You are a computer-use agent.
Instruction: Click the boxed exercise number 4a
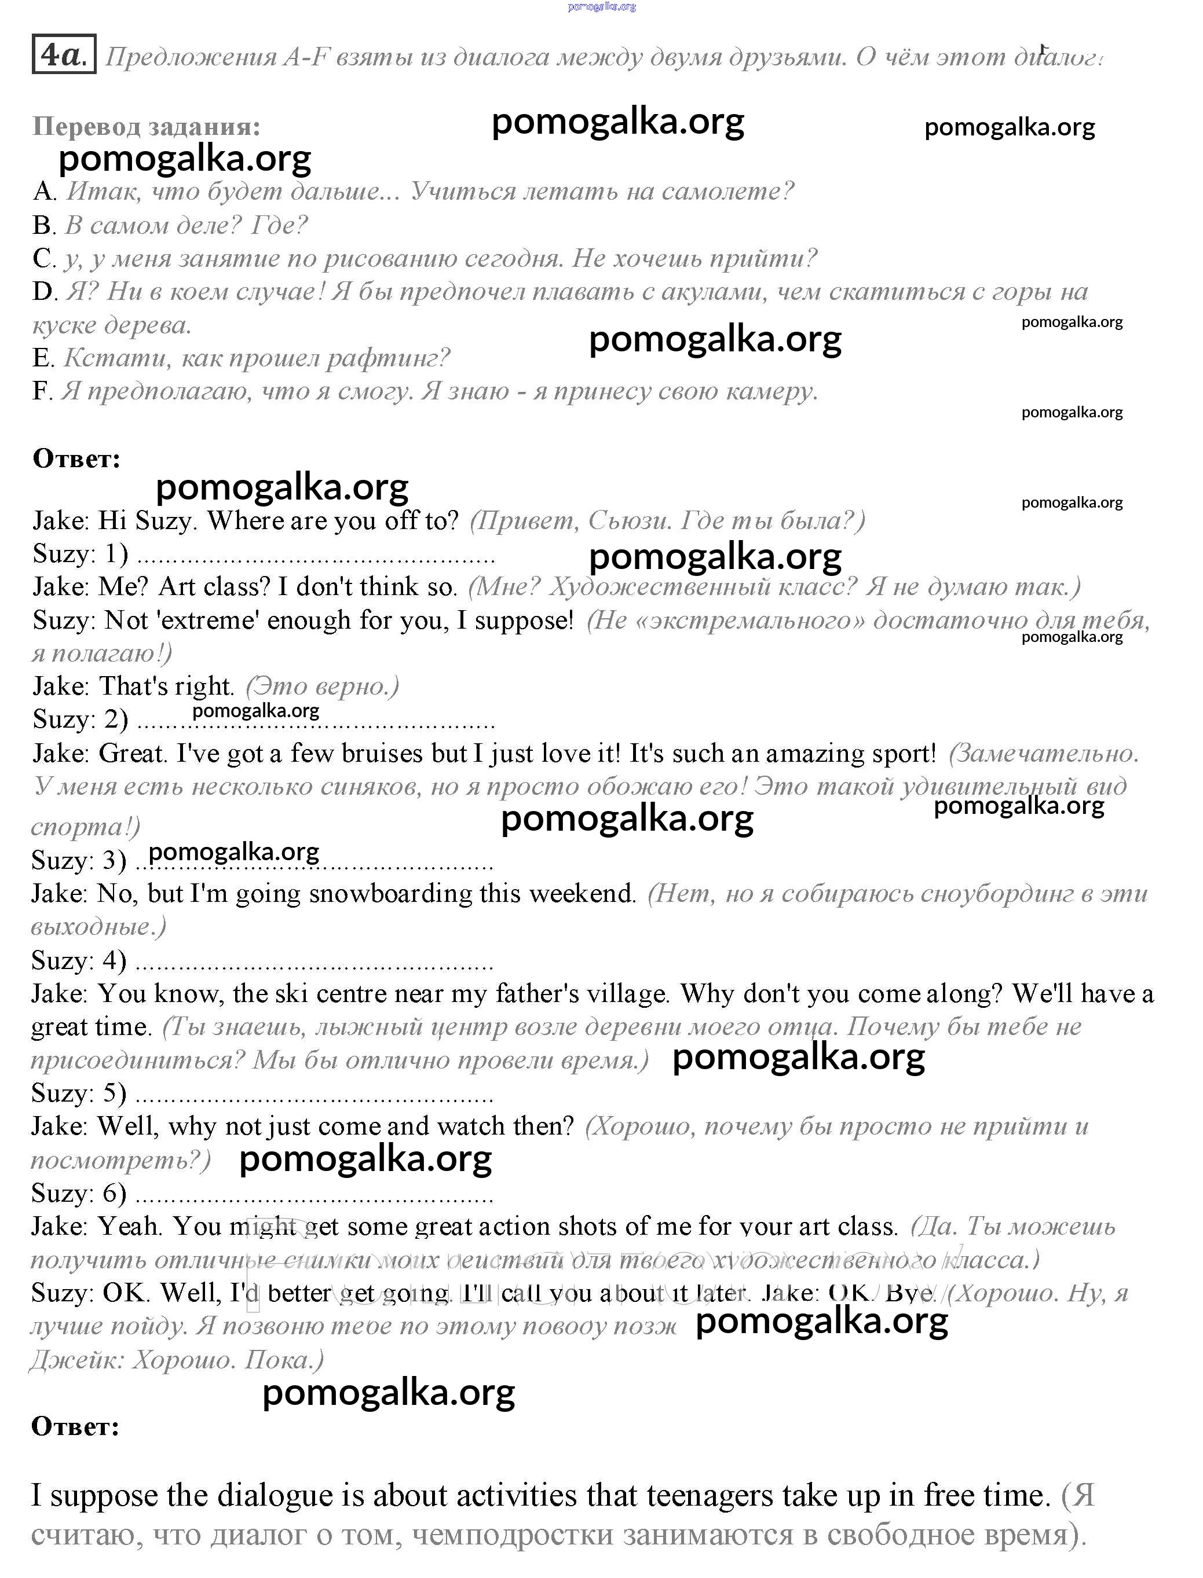(64, 54)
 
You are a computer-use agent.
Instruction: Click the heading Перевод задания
(146, 127)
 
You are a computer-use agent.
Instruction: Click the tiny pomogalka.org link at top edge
(601, 6)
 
